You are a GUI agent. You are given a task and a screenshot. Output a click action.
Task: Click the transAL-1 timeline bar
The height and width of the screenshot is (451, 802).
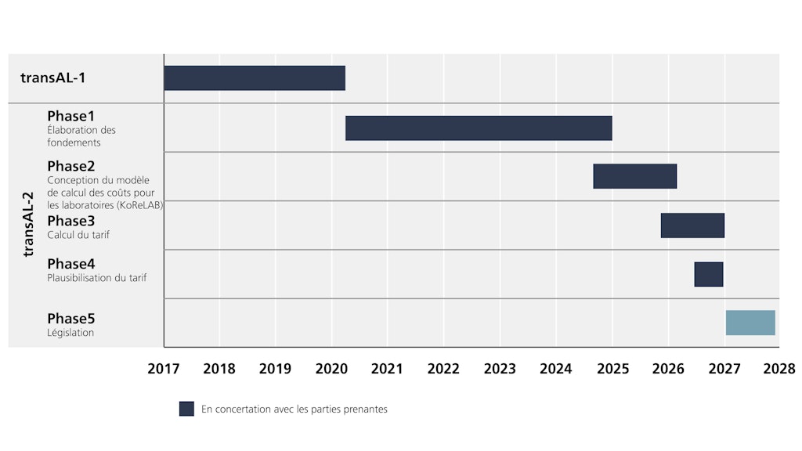point(255,78)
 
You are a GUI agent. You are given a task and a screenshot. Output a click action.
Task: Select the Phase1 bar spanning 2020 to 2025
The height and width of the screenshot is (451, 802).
point(479,128)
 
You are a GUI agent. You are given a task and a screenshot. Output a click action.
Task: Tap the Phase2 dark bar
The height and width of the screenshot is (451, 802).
point(634,176)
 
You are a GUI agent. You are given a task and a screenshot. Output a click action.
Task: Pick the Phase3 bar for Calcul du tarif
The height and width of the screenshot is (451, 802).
point(692,225)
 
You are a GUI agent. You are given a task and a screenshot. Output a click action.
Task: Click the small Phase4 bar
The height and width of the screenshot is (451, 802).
point(709,275)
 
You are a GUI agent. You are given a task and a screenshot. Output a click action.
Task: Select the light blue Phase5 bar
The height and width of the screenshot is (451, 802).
point(750,323)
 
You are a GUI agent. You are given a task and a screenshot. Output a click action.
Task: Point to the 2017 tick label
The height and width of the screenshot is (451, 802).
point(164,369)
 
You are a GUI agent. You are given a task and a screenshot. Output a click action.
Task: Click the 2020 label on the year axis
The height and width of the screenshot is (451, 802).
point(331,369)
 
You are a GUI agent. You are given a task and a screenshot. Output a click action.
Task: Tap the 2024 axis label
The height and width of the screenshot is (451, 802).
point(556,369)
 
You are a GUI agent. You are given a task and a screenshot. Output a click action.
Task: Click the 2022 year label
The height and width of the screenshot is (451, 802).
point(443,369)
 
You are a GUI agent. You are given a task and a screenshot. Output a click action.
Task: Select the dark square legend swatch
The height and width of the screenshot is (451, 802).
point(186,409)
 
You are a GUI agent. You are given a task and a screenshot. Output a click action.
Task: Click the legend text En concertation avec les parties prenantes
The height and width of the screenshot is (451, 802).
point(294,409)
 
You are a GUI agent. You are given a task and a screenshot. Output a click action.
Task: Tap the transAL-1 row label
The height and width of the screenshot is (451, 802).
point(53,78)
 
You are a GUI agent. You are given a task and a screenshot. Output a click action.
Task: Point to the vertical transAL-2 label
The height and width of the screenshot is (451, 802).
point(29,225)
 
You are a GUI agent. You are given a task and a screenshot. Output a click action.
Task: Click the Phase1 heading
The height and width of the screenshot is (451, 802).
point(70,116)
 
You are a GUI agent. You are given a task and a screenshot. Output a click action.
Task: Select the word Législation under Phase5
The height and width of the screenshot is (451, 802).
point(70,333)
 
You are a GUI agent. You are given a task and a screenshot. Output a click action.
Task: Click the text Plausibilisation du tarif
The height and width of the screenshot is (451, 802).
point(96,278)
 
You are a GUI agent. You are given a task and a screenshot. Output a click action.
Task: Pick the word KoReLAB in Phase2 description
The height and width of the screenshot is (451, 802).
point(136,205)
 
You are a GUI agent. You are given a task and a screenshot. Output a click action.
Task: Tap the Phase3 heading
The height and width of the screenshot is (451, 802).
point(70,221)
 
